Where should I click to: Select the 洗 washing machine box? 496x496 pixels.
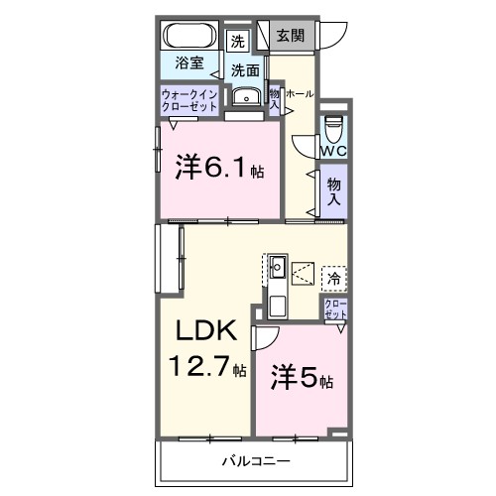(x=237, y=42)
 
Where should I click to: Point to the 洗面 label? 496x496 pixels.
(x=245, y=70)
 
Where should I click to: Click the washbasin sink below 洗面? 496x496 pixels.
(x=244, y=96)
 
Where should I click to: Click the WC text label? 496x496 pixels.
(x=333, y=151)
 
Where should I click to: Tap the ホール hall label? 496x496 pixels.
(x=300, y=93)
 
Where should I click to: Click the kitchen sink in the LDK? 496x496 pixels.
(x=278, y=266)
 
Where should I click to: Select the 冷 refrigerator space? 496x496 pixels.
(x=333, y=279)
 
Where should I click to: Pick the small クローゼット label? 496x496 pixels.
(x=335, y=308)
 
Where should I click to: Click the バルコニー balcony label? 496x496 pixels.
(x=254, y=462)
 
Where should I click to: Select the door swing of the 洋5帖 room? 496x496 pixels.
(x=266, y=339)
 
